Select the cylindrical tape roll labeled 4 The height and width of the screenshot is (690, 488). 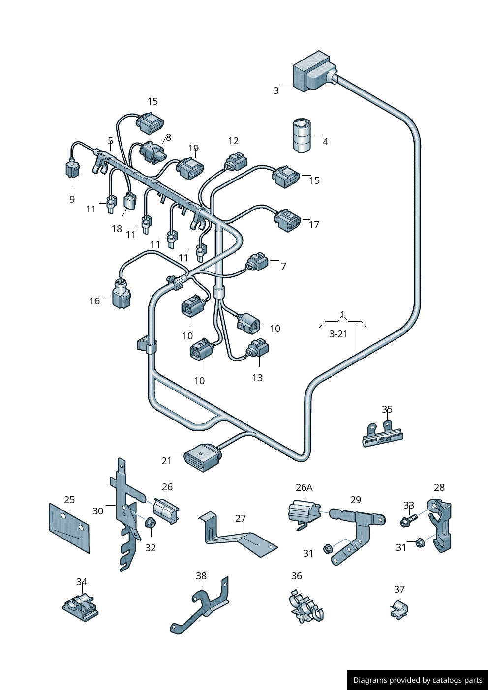(302, 135)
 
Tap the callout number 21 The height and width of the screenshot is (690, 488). (167, 461)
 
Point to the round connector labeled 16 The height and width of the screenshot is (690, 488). (122, 294)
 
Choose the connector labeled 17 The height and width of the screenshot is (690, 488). (288, 220)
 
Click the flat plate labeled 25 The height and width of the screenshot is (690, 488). (69, 527)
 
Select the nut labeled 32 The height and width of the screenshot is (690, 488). (151, 523)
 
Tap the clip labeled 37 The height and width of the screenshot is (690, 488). (400, 609)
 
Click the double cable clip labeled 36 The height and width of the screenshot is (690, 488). (306, 608)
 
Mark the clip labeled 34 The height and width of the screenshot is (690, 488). (81, 606)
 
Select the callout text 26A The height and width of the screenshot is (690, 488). (304, 487)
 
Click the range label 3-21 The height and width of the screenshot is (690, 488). (338, 334)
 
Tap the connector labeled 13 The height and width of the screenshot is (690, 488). (258, 349)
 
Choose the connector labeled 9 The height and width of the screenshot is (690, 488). (73, 169)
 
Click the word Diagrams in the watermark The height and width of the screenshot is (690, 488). (369, 680)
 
